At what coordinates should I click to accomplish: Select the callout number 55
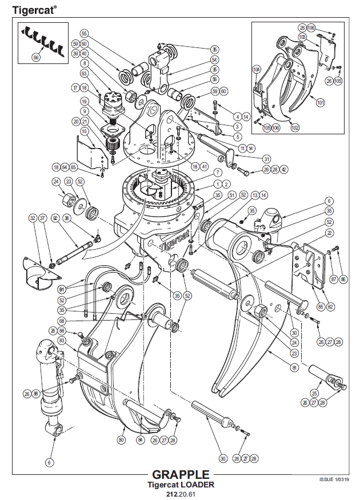pos(84,33)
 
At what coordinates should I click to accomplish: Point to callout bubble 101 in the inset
pos(320,103)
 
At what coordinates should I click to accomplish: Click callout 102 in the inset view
pos(295,127)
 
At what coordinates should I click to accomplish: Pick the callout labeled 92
pos(55,217)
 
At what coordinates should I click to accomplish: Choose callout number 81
pos(295,367)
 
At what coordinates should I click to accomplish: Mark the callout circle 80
pos(121,440)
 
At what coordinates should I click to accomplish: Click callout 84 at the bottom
pos(140,440)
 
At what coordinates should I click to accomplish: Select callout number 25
pos(313,393)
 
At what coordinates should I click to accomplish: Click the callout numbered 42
pos(283,169)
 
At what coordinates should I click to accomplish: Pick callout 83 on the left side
pos(62,340)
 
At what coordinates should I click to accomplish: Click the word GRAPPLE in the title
pos(181,475)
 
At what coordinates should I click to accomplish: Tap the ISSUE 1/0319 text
pos(334,479)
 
